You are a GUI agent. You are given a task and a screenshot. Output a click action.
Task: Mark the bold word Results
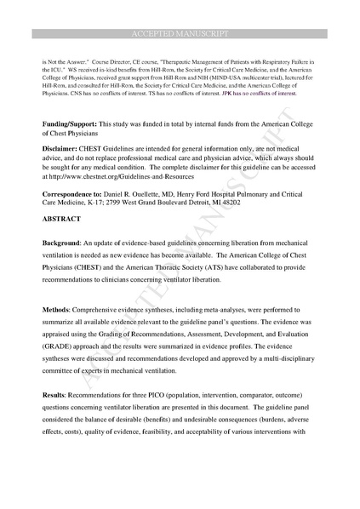pos(57,397)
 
